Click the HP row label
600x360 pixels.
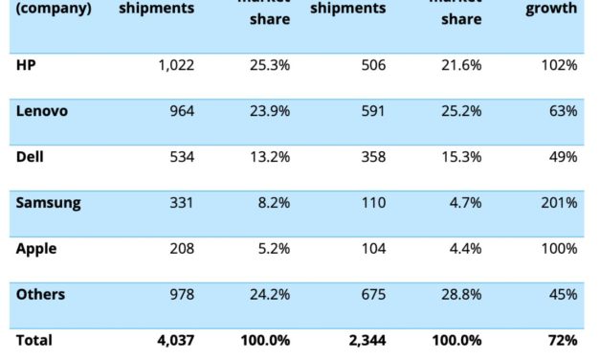coord(26,65)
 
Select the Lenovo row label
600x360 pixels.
coord(42,111)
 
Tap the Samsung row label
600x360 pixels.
coord(48,203)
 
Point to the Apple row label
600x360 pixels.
coord(36,249)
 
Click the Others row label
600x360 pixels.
coord(41,295)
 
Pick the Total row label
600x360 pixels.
coord(34,340)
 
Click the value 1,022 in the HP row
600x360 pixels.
coord(175,65)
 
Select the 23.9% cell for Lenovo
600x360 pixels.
coord(270,111)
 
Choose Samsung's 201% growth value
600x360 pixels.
coord(559,203)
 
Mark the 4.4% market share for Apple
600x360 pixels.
coord(465,249)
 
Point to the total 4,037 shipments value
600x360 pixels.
coord(175,340)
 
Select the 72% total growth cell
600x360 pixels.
coord(563,340)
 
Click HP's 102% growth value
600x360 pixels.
coord(559,65)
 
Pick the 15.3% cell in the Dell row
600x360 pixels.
coord(461,157)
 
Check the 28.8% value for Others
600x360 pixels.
coord(461,295)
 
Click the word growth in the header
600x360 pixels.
coord(551,10)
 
